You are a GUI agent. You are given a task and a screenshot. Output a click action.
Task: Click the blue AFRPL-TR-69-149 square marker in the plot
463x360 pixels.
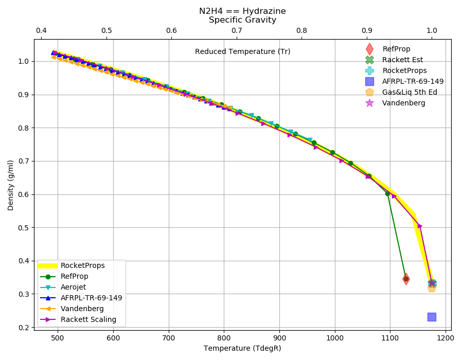432,317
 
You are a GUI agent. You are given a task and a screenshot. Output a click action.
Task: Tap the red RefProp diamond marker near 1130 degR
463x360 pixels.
406,279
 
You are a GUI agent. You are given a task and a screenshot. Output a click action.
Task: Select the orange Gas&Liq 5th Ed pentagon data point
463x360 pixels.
432,287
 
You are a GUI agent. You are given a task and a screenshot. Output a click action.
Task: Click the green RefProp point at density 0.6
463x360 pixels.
387,193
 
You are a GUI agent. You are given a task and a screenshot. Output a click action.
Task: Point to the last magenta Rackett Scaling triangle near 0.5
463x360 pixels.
420,226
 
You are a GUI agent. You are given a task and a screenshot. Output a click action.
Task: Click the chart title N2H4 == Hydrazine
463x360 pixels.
242,11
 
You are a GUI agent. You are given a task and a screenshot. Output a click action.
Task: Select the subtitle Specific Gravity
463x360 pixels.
242,20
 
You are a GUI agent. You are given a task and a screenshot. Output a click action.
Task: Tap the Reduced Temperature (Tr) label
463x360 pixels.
242,51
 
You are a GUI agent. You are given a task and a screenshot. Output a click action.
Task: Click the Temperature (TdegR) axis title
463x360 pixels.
242,348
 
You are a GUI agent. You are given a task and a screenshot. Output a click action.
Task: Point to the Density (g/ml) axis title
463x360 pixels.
11,185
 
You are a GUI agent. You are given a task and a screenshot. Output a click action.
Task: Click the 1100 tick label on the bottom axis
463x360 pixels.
390,338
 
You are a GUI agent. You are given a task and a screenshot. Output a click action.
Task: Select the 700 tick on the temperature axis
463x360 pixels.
169,338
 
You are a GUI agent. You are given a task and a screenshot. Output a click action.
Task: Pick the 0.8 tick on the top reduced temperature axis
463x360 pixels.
302,30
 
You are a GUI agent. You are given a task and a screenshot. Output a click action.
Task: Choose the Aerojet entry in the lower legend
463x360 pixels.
73,287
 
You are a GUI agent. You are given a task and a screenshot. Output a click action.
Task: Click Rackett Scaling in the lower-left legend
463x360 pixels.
88,319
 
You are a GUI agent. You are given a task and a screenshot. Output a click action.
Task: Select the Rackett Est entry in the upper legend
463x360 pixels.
402,60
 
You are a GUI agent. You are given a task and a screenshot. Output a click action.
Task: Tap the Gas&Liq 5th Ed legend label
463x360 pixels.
409,92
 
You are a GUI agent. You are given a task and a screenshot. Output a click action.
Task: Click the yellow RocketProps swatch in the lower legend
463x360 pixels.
48,265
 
